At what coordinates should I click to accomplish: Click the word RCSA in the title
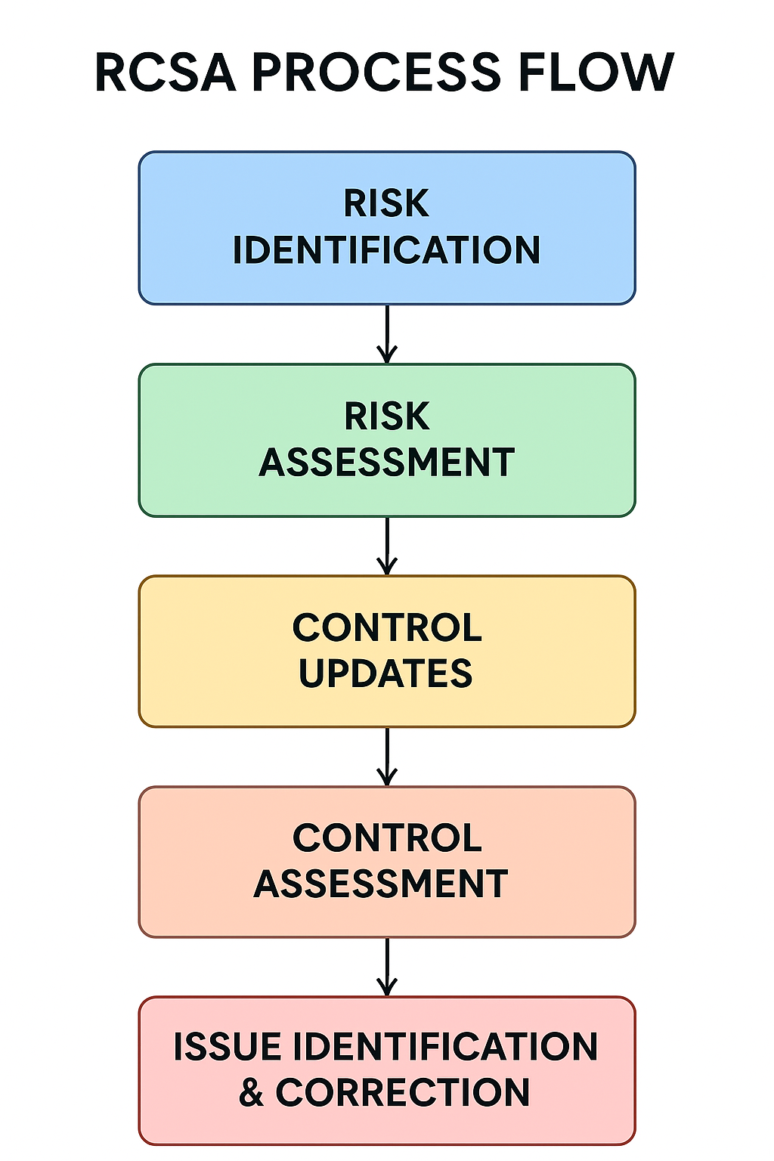[x=166, y=73]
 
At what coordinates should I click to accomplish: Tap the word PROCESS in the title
[x=376, y=73]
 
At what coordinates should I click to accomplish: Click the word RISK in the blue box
[x=386, y=203]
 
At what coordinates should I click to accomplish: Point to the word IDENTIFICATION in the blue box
[x=386, y=250]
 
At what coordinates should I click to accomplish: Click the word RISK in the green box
[x=386, y=416]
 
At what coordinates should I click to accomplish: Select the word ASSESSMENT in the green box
[x=386, y=463]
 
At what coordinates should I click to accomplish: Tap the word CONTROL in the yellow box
[x=386, y=627]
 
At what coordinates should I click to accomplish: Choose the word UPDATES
[x=385, y=673]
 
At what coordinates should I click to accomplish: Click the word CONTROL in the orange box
[x=386, y=837]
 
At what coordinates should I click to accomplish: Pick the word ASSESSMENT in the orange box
[x=380, y=884]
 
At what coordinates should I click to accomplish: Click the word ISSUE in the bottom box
[x=228, y=1047]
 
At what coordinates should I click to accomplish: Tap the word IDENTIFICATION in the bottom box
[x=445, y=1047]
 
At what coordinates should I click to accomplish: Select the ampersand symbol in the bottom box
[x=252, y=1093]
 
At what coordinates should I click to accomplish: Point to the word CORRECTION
[x=402, y=1093]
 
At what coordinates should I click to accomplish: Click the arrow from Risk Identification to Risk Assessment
[x=387, y=334]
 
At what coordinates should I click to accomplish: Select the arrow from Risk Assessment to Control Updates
[x=387, y=546]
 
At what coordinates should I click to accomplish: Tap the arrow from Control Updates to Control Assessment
[x=387, y=757]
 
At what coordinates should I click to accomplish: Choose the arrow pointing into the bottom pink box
[x=387, y=967]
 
